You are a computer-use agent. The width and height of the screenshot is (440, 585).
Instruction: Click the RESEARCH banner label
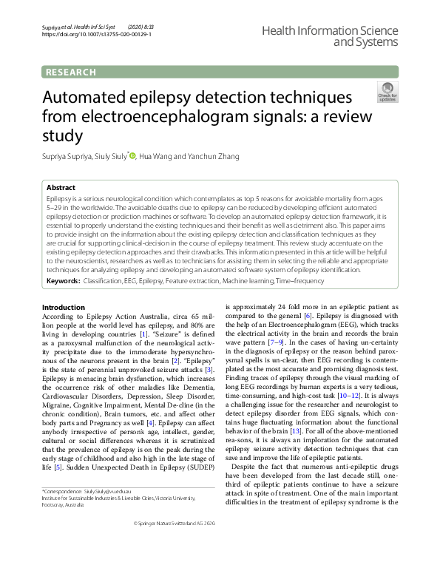tap(71, 72)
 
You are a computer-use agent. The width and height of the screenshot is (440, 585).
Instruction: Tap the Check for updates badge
tap(387, 93)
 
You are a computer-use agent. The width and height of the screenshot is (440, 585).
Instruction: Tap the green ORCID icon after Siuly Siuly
tap(133, 155)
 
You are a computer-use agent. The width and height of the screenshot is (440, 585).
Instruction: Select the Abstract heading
tap(61, 188)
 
